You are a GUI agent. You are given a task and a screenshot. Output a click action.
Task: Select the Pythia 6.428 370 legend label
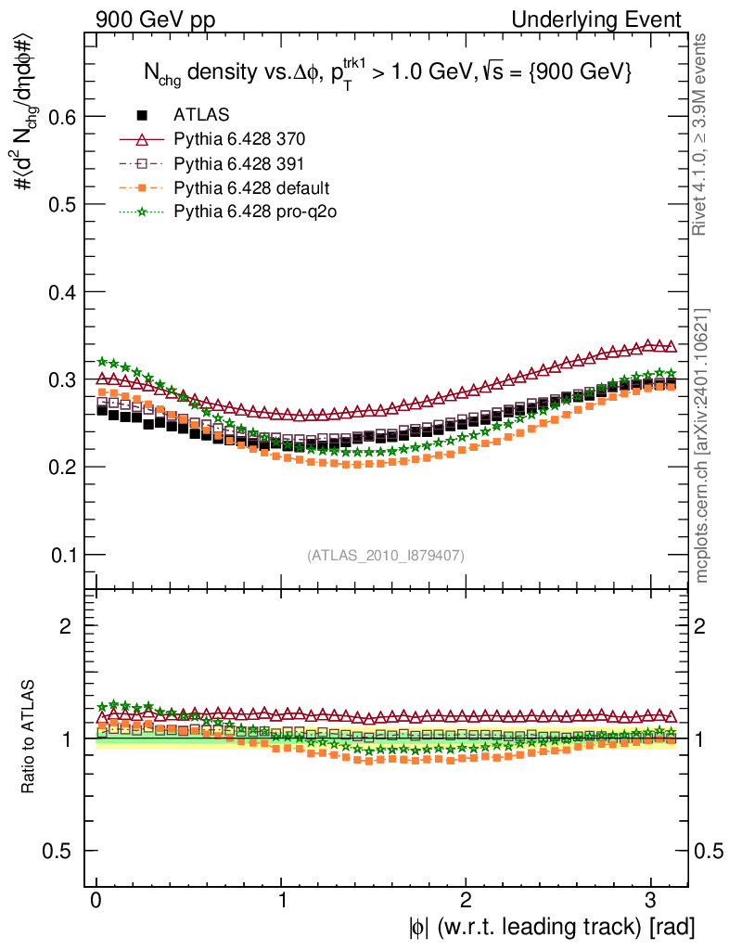coord(239,140)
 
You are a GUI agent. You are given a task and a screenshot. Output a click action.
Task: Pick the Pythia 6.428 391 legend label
coord(239,164)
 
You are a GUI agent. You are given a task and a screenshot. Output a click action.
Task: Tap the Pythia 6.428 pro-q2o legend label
coord(254,212)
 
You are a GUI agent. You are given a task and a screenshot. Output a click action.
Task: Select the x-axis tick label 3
coord(649,901)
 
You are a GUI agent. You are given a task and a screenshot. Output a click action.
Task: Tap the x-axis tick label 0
coord(96,901)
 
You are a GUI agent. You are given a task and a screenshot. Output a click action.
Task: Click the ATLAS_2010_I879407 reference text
coord(386,556)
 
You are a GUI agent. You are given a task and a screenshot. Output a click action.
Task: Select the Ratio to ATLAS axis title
coord(31,738)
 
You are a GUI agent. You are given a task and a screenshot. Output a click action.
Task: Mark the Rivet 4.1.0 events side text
coord(703,135)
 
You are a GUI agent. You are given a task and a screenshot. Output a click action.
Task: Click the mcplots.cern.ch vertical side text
coord(703,445)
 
